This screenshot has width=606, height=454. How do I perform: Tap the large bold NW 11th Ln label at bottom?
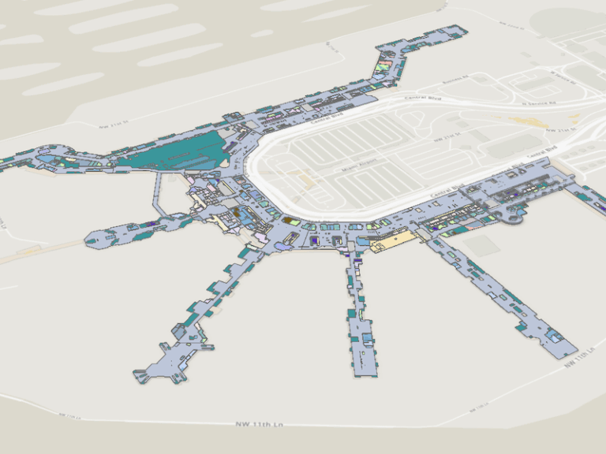[x=259, y=425]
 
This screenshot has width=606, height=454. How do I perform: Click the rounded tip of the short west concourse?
[x=93, y=238]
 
